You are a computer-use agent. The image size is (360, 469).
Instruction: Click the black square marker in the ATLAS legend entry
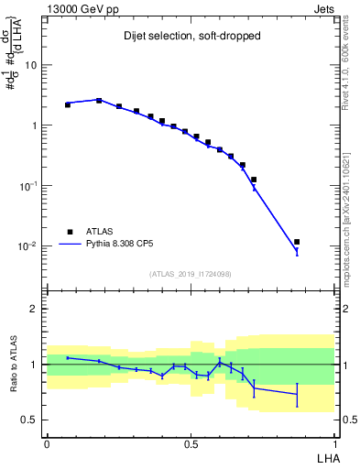tap(68, 232)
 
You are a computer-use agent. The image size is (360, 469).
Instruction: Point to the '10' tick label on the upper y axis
tap(32, 65)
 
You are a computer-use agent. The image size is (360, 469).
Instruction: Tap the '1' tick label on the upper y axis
tap(35, 125)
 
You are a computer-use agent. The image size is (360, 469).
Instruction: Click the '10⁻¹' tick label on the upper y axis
tap(30, 186)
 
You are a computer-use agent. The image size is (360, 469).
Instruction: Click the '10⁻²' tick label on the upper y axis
tap(30, 246)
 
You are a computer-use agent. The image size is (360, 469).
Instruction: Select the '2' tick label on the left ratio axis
tap(35, 309)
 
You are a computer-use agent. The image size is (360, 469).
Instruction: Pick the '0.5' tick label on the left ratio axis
tap(30, 420)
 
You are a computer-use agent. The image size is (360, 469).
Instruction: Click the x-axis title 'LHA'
tap(326, 457)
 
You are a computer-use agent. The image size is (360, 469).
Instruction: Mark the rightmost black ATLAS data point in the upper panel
tap(297, 242)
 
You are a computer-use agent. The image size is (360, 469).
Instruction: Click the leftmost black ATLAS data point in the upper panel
tap(68, 104)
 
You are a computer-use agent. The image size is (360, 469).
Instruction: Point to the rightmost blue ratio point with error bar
tap(297, 395)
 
